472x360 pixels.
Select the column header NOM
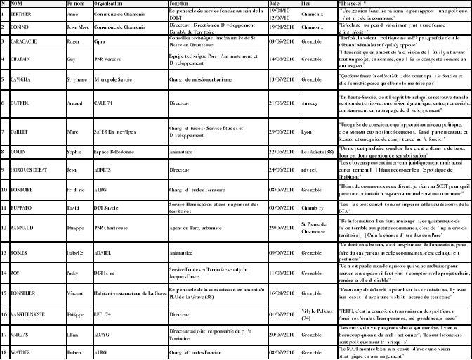pyautogui.click(x=15, y=4)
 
